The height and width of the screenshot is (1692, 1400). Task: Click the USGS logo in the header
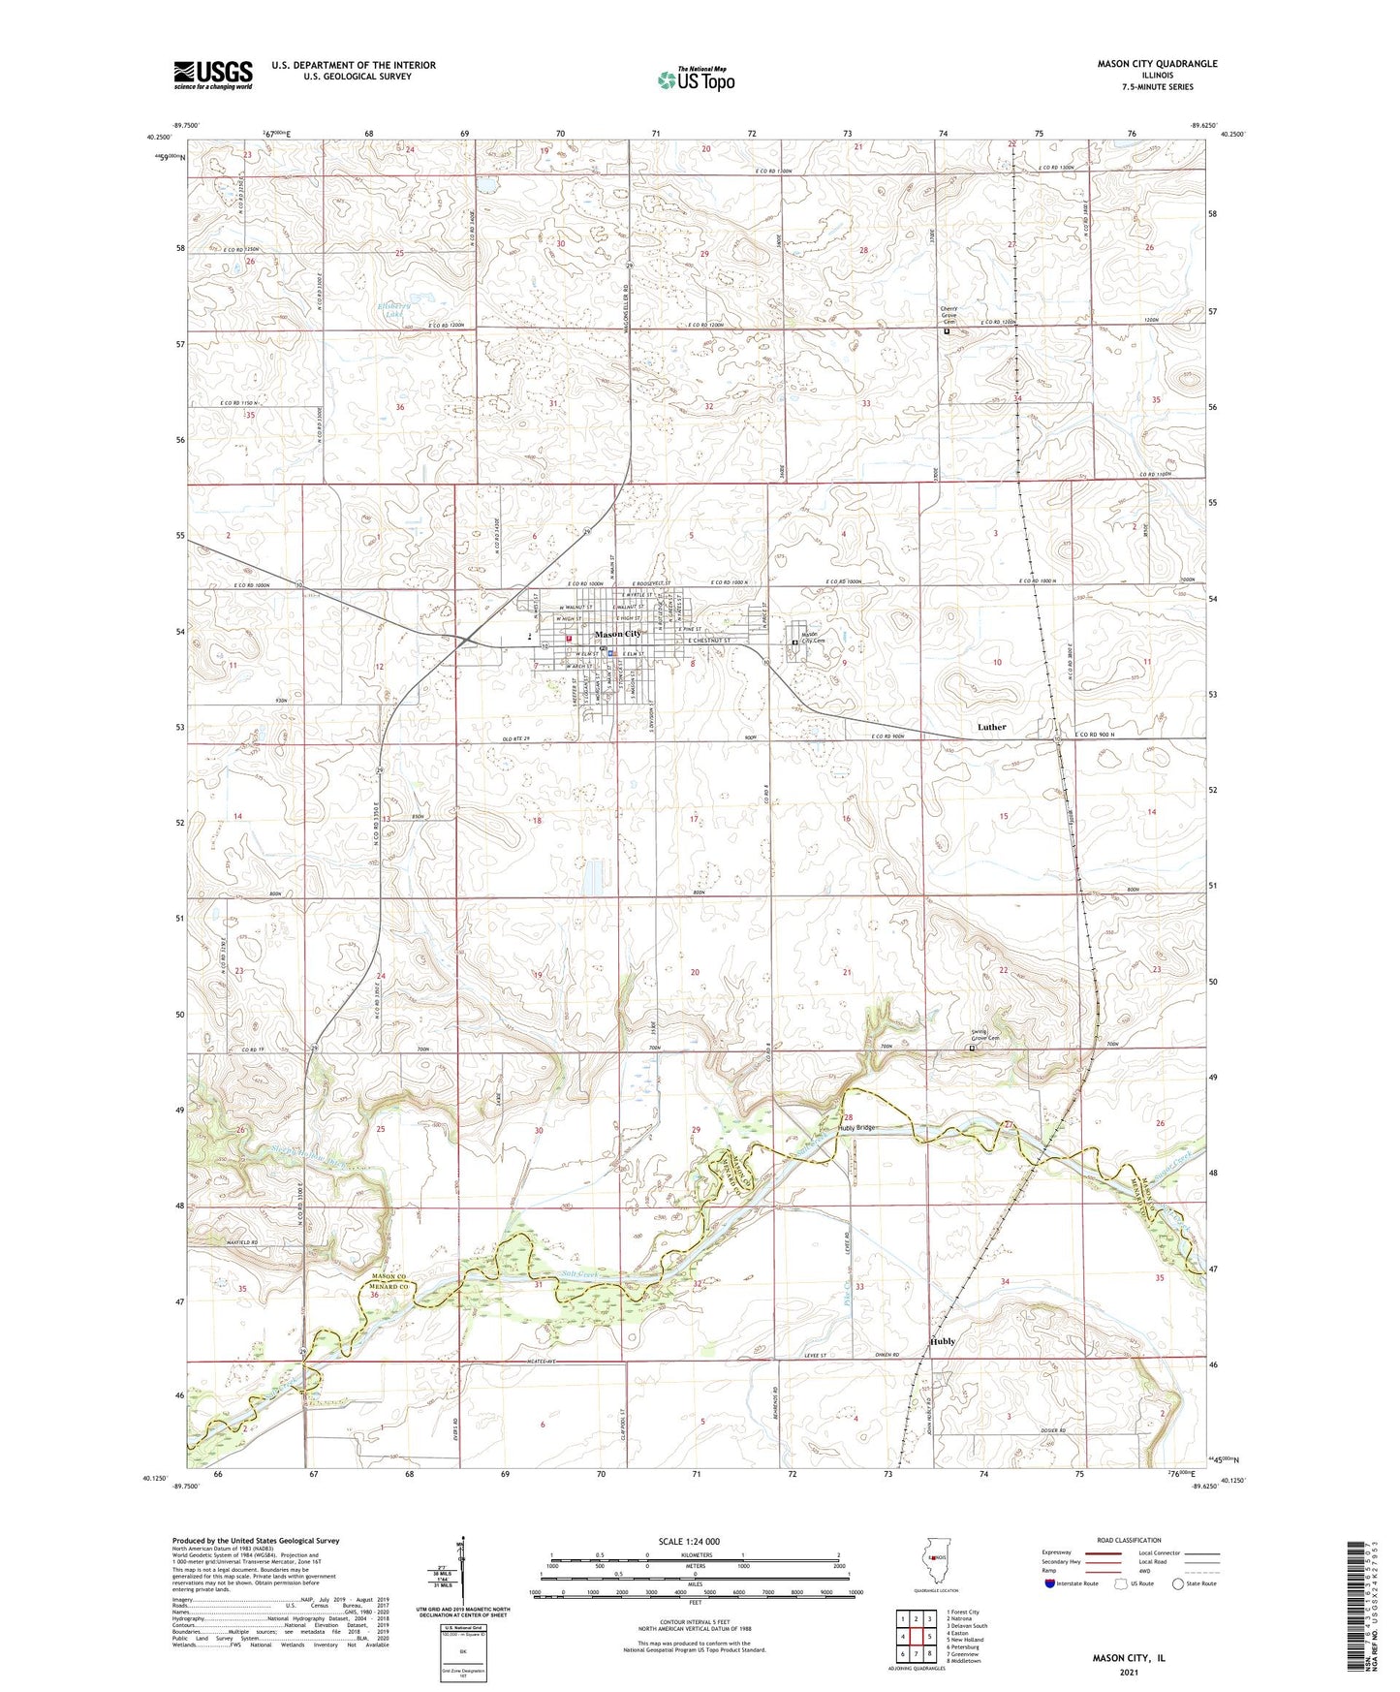pos(213,74)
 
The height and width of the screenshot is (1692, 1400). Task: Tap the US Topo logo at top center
pos(695,78)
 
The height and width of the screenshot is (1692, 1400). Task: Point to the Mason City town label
pos(618,634)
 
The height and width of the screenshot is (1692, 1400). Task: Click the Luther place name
pos(991,727)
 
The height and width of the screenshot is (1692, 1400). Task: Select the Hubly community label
pos(943,1341)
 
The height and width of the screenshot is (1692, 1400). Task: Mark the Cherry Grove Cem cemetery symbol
pos(947,331)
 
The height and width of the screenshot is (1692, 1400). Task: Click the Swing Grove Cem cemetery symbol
pos(972,1048)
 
